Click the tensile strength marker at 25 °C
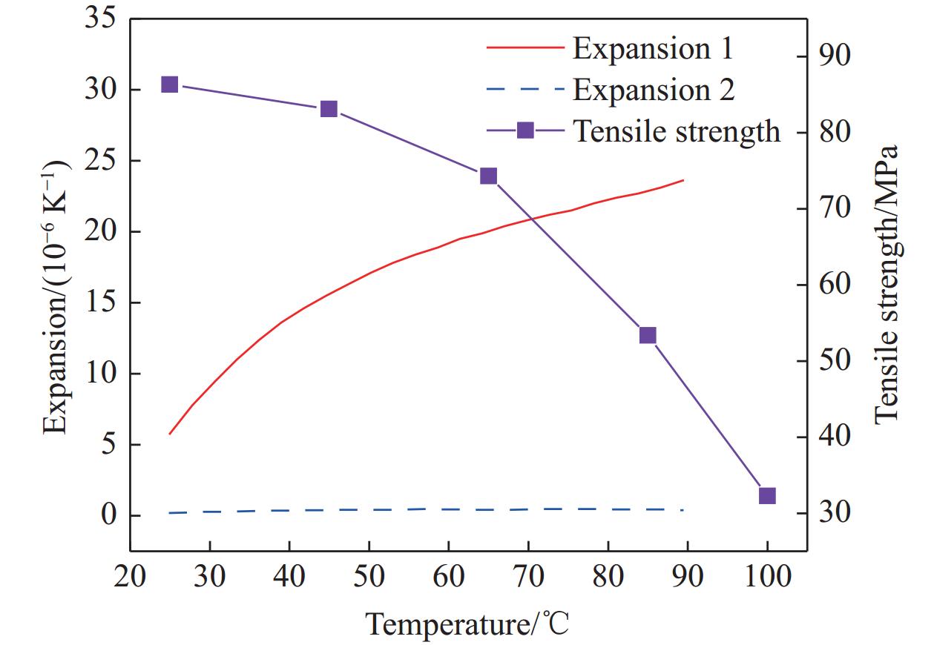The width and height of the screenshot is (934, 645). (169, 85)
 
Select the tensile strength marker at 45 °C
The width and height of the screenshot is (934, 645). (329, 109)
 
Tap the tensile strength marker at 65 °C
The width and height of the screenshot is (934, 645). (488, 176)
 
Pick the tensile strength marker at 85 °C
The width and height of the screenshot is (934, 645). (648, 335)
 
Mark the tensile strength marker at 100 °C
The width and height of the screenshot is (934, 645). (767, 496)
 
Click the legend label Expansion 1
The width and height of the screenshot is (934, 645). (653, 48)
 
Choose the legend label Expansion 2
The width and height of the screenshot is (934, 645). (654, 90)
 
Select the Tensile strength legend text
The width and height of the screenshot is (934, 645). (677, 131)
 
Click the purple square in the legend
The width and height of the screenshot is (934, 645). (525, 130)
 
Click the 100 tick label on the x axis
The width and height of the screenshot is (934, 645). (767, 576)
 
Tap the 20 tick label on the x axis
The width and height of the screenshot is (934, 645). (131, 576)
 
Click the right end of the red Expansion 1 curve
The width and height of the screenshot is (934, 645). (683, 180)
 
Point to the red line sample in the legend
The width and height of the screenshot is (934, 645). (525, 48)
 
